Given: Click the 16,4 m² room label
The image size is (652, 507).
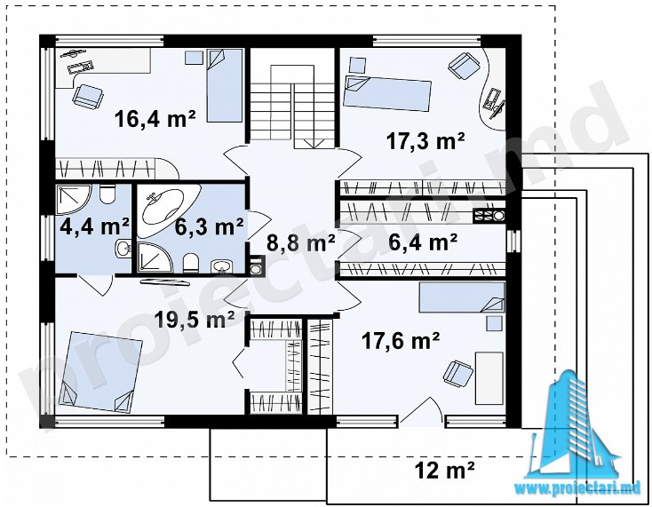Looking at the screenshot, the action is coord(155,119).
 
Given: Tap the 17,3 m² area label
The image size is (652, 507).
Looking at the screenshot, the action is coord(425,141).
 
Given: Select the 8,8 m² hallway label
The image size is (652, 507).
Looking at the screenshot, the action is coord(300,242).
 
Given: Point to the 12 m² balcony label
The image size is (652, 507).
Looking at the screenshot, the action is coord(444,471).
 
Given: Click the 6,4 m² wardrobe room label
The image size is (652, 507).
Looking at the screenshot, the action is coord(423,242).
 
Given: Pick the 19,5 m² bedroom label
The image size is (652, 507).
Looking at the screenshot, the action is coord(195,319).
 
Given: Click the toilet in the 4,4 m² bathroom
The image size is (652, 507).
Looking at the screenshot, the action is coord(107,194).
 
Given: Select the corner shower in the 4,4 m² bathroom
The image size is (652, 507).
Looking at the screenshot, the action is coord(73,199).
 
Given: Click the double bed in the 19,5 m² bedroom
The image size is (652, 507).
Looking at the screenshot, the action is coord(101,372).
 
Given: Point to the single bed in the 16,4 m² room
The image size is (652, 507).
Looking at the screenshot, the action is coord(225,85).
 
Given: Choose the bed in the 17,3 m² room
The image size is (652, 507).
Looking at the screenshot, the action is coord(387,93).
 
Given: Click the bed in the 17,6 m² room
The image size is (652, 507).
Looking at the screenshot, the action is coord(462,297).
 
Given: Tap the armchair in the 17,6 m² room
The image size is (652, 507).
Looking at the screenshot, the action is coord(458,372).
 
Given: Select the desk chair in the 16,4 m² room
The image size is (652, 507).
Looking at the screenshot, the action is coord(88,97).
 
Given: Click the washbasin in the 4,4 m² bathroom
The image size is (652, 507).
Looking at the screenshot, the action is coord(123,249).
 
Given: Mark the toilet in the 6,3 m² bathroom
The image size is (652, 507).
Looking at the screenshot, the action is coord(191,263).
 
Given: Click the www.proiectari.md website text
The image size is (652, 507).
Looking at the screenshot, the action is coord(581,487).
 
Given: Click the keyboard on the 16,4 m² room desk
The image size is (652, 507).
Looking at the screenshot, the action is coord(80,67).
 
